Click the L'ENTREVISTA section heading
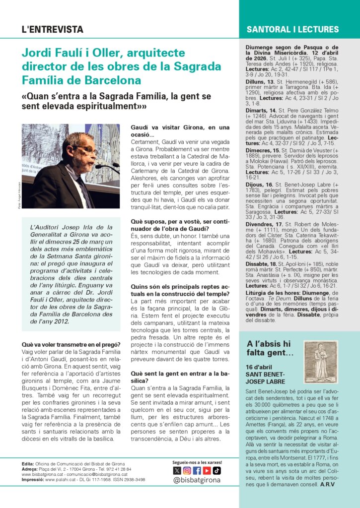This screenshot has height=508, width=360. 53,30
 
